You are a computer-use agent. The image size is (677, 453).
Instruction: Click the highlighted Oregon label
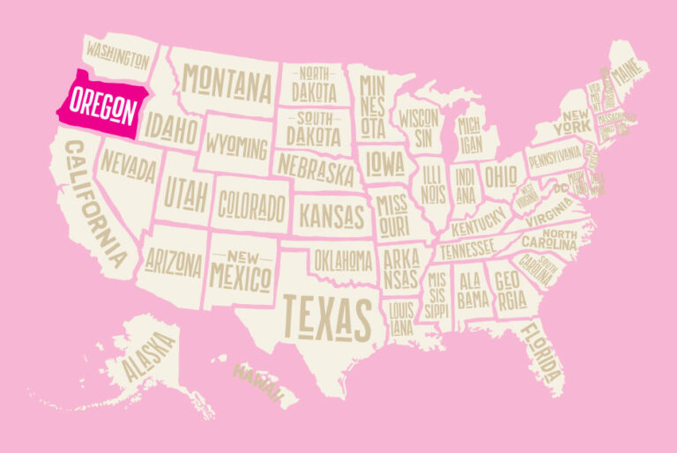102,108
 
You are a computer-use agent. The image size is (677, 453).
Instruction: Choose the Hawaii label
257,380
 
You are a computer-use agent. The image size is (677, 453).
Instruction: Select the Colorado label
252,208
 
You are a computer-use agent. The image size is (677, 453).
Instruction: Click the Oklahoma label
344,261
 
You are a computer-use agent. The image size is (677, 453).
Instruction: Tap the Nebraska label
316,168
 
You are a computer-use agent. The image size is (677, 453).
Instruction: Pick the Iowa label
385,162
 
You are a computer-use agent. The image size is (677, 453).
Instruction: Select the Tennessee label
467,251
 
